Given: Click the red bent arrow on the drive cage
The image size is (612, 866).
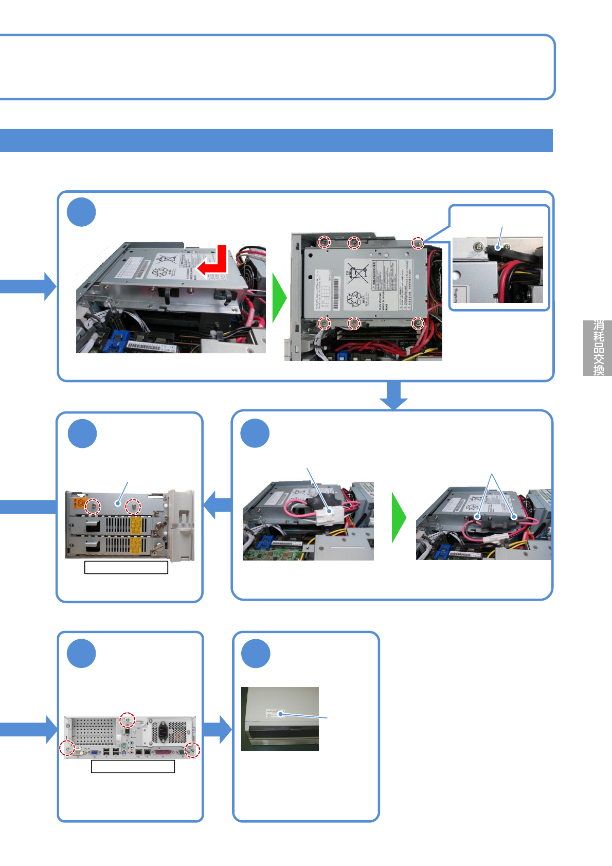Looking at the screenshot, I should pyautogui.click(x=215, y=263).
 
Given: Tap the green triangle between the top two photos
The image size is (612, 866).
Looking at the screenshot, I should pyautogui.click(x=279, y=298).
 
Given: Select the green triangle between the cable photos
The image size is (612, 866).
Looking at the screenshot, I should pyautogui.click(x=399, y=517).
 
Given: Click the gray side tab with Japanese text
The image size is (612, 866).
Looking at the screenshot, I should pyautogui.click(x=598, y=348).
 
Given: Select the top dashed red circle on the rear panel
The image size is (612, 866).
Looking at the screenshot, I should pyautogui.click(x=127, y=720).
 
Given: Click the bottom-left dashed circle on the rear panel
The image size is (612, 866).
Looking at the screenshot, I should pyautogui.click(x=67, y=748).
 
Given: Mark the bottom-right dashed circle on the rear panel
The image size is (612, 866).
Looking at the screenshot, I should pyautogui.click(x=192, y=750).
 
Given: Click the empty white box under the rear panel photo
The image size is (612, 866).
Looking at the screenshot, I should pyautogui.click(x=133, y=766).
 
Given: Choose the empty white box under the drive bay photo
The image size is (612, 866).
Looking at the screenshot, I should pyautogui.click(x=126, y=567).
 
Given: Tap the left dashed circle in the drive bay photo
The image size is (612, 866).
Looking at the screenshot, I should pyautogui.click(x=93, y=506).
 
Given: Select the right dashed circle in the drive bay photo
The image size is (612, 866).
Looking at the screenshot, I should pyautogui.click(x=133, y=507).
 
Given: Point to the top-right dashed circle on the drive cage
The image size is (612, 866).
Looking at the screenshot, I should pyautogui.click(x=418, y=242).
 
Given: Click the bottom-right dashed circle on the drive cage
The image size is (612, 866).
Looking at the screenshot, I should pyautogui.click(x=418, y=323).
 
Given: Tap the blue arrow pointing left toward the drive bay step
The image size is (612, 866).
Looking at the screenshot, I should pyautogui.click(x=217, y=505).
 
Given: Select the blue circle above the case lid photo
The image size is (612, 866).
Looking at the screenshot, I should pyautogui.click(x=256, y=654).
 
